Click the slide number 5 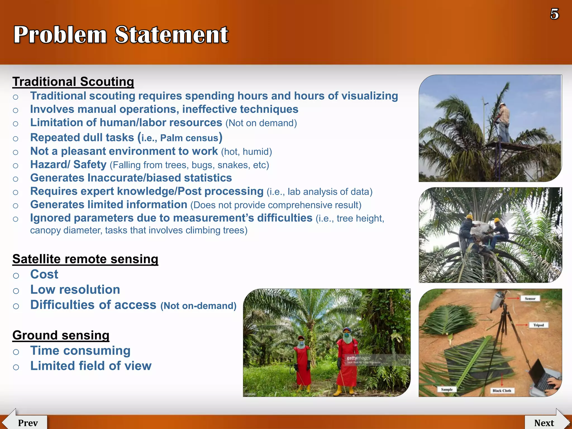click(x=554, y=14)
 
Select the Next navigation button click(x=544, y=423)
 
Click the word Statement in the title click(x=171, y=35)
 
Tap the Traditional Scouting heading click(x=73, y=82)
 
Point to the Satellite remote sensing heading click(x=85, y=259)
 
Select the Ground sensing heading click(x=61, y=335)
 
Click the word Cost click(x=44, y=274)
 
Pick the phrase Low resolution click(x=75, y=290)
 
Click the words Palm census click(x=189, y=138)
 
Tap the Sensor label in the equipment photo click(x=530, y=299)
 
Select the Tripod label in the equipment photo click(x=538, y=325)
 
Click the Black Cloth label click(x=502, y=391)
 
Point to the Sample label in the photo click(x=447, y=389)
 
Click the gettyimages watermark click(x=359, y=358)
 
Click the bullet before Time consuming click(x=16, y=352)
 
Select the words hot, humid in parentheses click(x=246, y=152)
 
